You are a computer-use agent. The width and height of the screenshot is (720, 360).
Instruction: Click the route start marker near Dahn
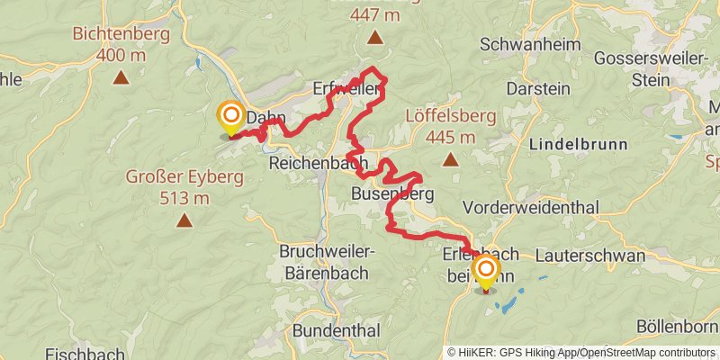(x=231, y=117)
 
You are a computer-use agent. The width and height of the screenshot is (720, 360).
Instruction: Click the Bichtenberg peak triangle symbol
(x=121, y=77)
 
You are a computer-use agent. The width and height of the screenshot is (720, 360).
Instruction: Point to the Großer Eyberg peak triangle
(x=184, y=220)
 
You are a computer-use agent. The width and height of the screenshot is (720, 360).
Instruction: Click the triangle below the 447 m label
(x=374, y=38)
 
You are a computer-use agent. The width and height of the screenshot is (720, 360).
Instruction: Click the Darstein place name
(x=538, y=89)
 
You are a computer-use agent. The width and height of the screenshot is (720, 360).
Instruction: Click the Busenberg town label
(x=392, y=194)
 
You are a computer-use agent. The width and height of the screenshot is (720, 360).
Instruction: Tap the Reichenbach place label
(x=318, y=163)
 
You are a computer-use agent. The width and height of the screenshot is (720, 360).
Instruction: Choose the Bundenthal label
(x=336, y=330)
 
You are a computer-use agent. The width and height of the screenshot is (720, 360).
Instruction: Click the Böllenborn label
(x=677, y=325)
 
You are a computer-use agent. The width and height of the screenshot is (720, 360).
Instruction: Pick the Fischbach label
(x=85, y=354)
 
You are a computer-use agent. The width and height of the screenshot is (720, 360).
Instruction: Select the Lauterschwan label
(x=589, y=256)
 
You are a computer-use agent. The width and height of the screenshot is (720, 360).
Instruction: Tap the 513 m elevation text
(x=184, y=197)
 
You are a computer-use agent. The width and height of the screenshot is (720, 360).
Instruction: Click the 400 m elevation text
(x=121, y=55)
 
